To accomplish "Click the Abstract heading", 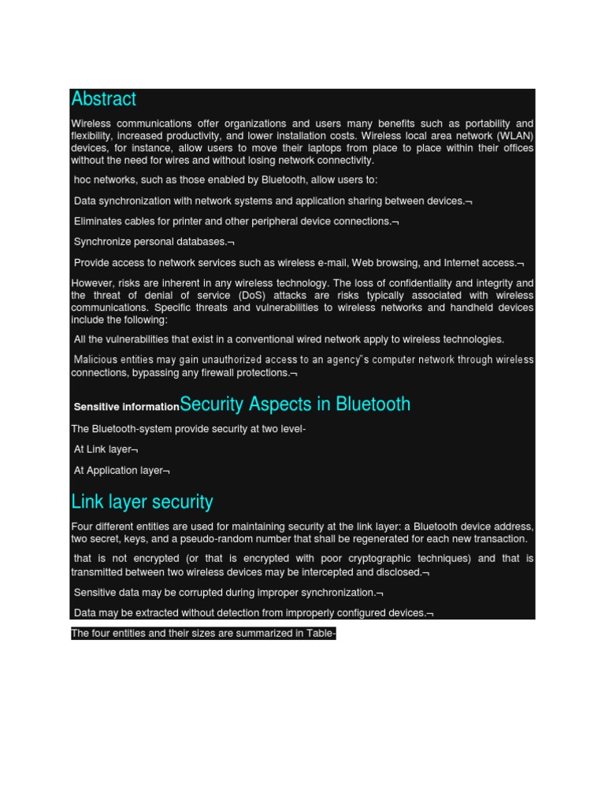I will click(x=103, y=99).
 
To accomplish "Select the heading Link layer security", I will click(x=142, y=502).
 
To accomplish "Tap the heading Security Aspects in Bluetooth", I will click(x=295, y=405).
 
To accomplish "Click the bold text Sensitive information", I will click(x=126, y=407).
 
